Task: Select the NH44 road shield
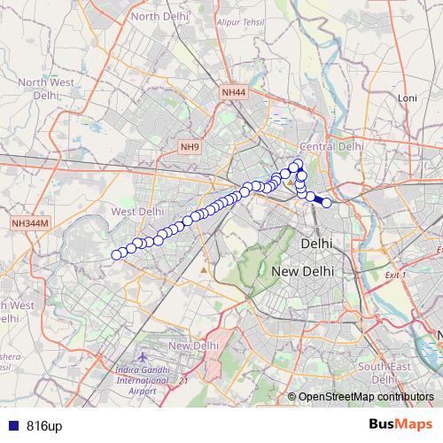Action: [x=234, y=91]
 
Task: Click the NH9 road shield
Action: [x=190, y=146]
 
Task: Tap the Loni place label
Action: [x=408, y=97]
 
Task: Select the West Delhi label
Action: [x=137, y=212]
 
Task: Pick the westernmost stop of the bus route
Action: [x=116, y=255]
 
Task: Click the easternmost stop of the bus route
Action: [x=327, y=203]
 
